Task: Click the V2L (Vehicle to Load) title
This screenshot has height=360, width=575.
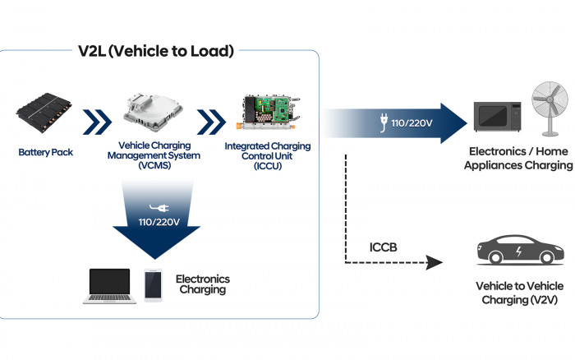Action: tap(157, 51)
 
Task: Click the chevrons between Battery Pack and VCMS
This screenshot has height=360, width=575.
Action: tap(98, 124)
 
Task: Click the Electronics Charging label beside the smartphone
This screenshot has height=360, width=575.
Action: tap(203, 284)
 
